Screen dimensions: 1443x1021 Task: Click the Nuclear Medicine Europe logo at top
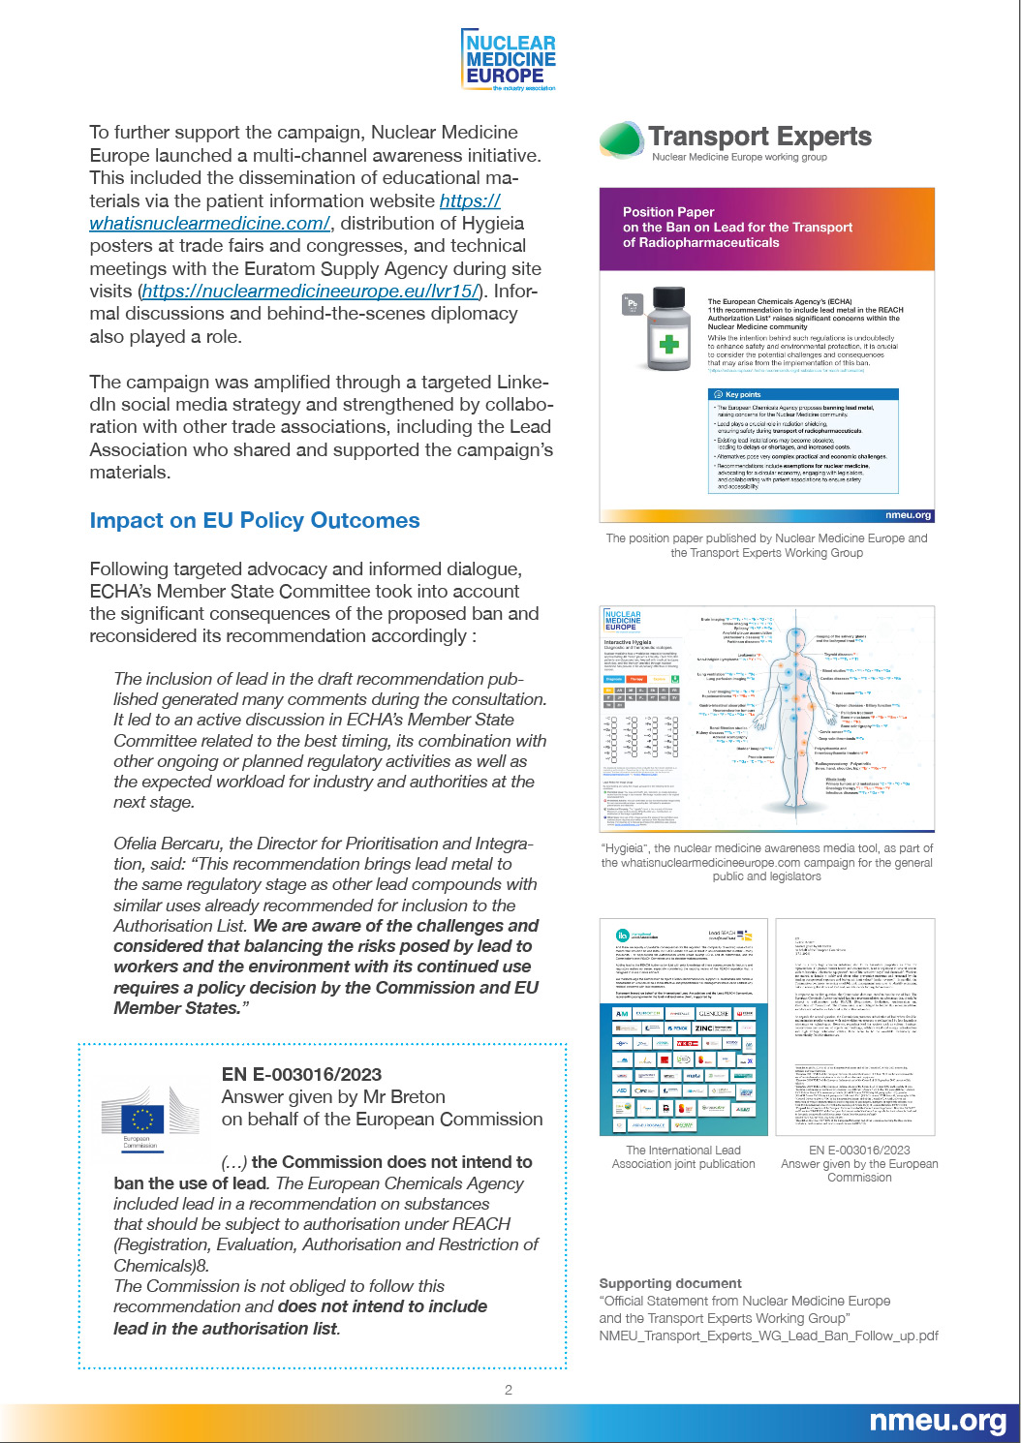pyautogui.click(x=510, y=60)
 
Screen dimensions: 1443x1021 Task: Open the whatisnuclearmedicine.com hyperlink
pyautogui.click(x=209, y=224)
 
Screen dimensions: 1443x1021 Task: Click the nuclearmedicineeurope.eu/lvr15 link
pyautogui.click(x=310, y=292)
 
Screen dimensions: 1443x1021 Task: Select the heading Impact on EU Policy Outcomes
pyautogui.click(x=255, y=521)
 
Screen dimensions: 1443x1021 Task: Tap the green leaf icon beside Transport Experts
pyautogui.click(x=621, y=139)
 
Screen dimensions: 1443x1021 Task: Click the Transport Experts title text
pyautogui.click(x=759, y=137)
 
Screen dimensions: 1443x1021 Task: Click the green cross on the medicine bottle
pyautogui.click(x=668, y=344)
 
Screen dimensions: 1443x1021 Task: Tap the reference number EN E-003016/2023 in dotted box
pyautogui.click(x=301, y=1074)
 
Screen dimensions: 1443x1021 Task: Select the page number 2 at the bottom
pyautogui.click(x=509, y=1390)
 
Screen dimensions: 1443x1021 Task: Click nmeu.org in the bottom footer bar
pyautogui.click(x=937, y=1421)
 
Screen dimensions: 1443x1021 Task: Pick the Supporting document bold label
pyautogui.click(x=670, y=1283)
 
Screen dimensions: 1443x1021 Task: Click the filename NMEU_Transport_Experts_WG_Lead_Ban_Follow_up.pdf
pyautogui.click(x=768, y=1336)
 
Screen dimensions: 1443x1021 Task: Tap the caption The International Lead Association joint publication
pyautogui.click(x=683, y=1157)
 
